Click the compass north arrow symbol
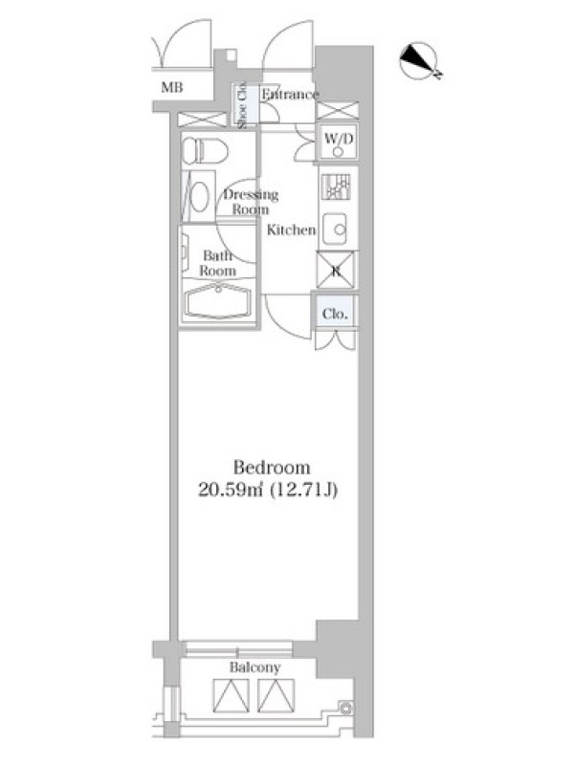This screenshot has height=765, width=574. click(420, 60)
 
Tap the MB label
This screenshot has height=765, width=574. click(172, 87)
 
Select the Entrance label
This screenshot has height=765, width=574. click(290, 94)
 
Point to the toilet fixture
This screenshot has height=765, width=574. click(205, 150)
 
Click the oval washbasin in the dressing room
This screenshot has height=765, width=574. click(199, 197)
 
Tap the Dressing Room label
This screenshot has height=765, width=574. click(251, 202)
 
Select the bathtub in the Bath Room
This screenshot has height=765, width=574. click(218, 301)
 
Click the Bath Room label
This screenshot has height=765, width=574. click(217, 263)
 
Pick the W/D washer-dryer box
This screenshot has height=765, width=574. click(338, 142)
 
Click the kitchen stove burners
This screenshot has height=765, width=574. click(336, 186)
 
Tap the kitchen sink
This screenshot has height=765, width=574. click(336, 229)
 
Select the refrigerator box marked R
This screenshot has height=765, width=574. click(337, 270)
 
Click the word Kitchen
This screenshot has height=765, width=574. click(291, 229)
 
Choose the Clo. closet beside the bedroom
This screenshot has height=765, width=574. click(336, 313)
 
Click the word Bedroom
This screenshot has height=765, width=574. click(272, 468)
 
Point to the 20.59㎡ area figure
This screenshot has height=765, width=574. click(231, 490)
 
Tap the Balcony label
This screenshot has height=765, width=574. click(254, 667)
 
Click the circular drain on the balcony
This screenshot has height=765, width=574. click(345, 708)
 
